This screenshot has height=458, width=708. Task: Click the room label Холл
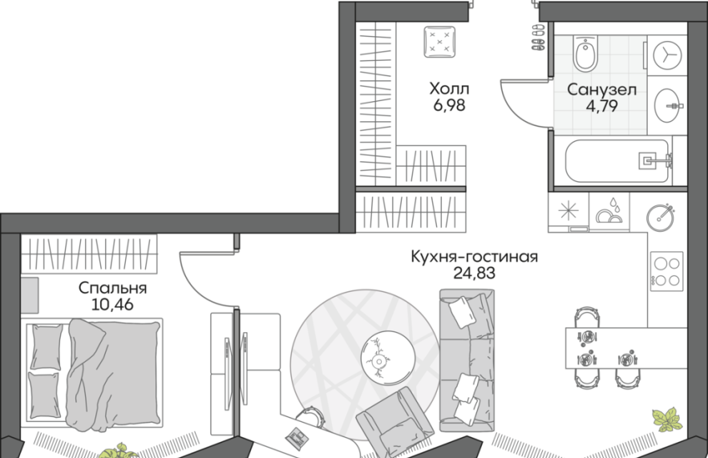pos(449,88)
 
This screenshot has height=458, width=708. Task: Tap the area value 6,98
pos(449,105)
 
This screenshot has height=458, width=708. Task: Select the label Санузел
pos(601,89)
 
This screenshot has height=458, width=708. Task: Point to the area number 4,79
pos(601,106)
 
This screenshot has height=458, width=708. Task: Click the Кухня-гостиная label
pos(474,257)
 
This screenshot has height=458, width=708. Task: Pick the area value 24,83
pos(474,273)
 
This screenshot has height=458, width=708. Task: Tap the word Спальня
pos(112,288)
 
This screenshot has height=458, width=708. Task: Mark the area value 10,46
pos(112,305)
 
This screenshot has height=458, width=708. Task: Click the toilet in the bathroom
pos(586,53)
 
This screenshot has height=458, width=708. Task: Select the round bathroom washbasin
pos(667,106)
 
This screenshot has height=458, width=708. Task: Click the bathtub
pos(617,160)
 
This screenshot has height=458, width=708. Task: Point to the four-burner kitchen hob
pos(666,271)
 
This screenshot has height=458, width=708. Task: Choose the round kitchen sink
pos(660,217)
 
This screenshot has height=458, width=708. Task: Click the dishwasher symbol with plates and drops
pos(609,212)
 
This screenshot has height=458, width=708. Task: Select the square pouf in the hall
pos(439,42)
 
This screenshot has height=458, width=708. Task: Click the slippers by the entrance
pos(538,37)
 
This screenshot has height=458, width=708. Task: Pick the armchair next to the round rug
pos(395,423)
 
